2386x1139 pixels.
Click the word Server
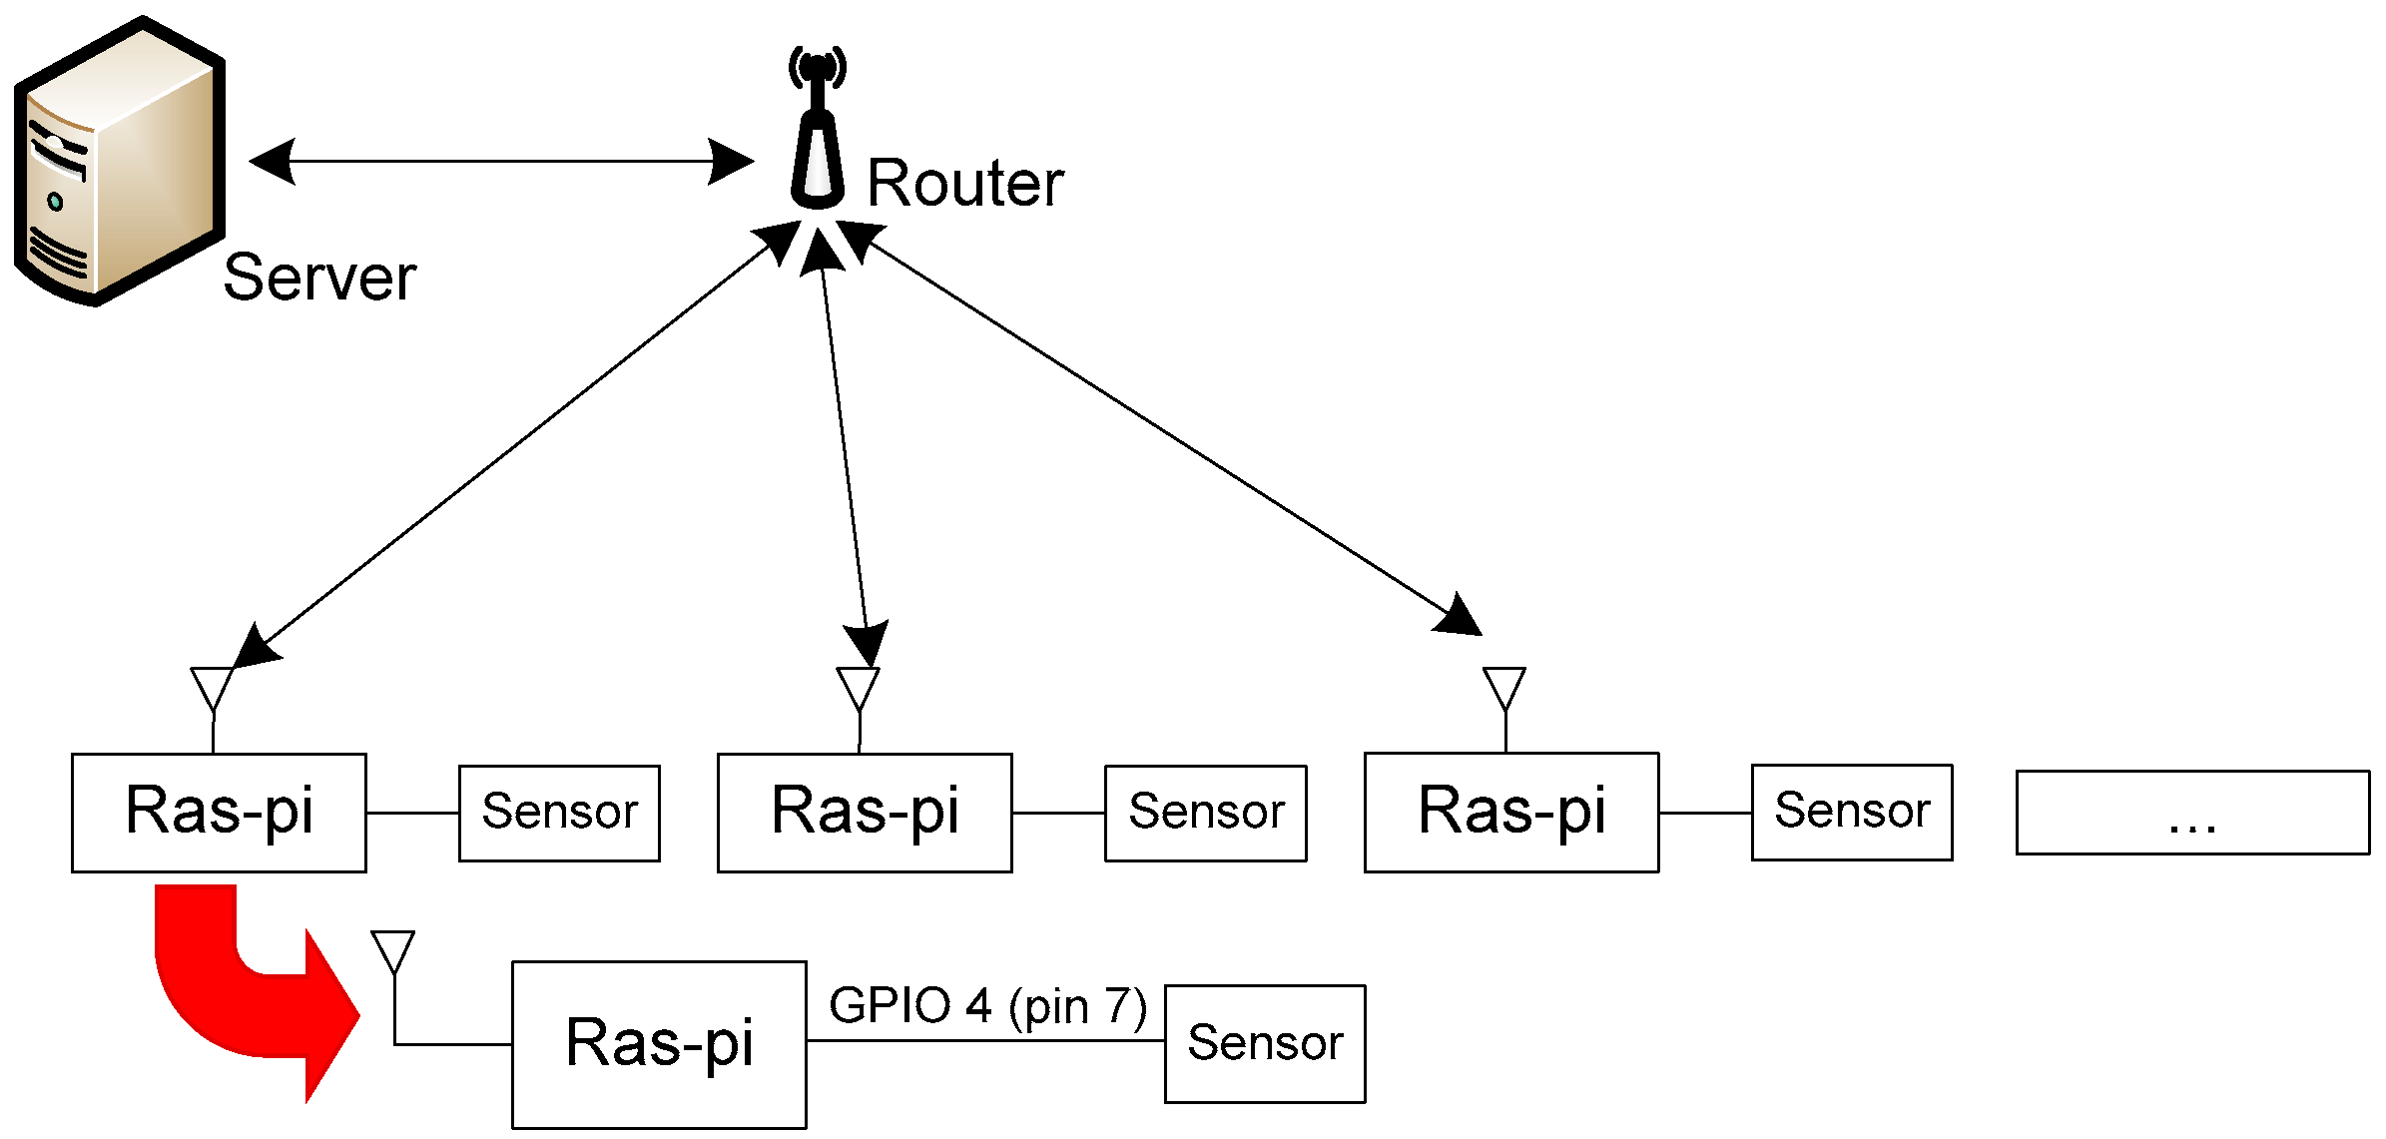(319, 278)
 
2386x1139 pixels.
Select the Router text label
(964, 184)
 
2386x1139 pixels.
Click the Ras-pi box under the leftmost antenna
(219, 813)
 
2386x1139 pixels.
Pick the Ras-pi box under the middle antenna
(865, 813)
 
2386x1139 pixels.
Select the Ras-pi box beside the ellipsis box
(1511, 813)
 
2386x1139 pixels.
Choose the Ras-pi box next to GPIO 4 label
(659, 1044)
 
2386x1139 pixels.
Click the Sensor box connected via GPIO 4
(1265, 1044)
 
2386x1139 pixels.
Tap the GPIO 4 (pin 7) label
(987, 1006)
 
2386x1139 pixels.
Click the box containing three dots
(2192, 813)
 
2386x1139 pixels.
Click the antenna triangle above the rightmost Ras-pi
(1503, 687)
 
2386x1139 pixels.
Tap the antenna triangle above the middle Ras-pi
(859, 687)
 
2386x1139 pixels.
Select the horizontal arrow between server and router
(499, 161)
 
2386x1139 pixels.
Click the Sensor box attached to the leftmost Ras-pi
(559, 813)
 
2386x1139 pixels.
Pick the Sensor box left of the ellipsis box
(1852, 813)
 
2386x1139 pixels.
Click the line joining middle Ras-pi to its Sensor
(1058, 813)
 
